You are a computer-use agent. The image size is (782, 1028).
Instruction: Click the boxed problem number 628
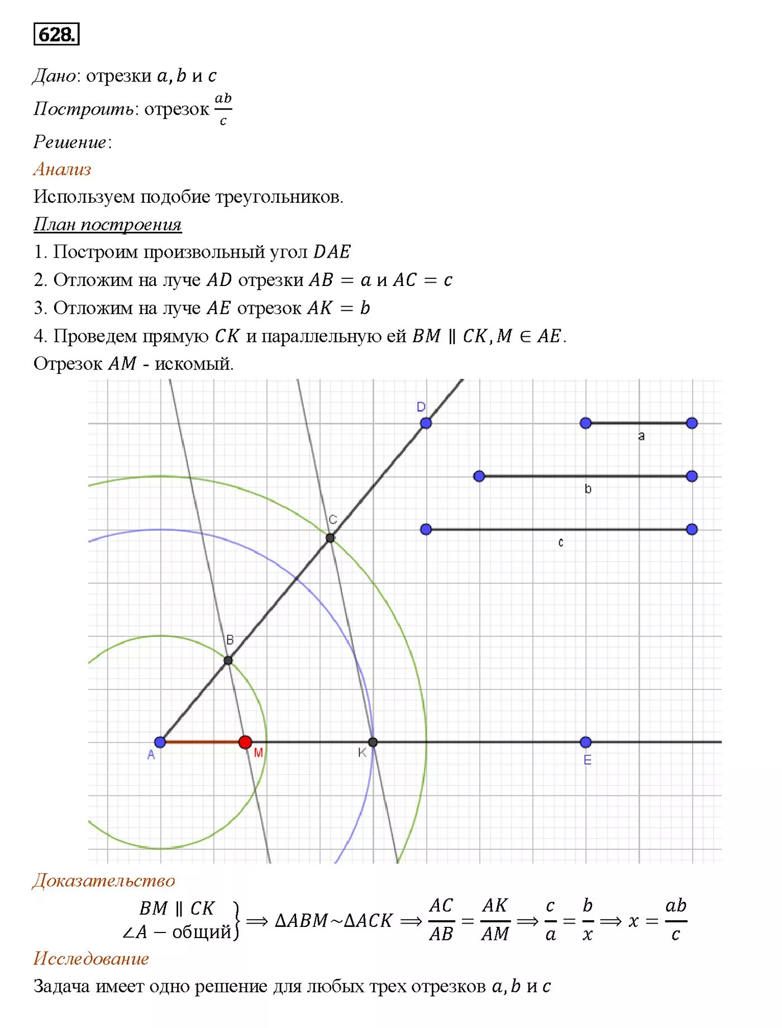(56, 35)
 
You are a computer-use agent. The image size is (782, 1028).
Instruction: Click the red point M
(245, 742)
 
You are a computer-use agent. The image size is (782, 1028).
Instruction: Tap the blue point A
(160, 742)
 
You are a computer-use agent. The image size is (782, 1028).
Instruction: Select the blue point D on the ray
(426, 423)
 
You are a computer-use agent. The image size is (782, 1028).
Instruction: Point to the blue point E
(585, 742)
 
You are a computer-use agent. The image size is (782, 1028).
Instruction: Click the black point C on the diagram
(330, 538)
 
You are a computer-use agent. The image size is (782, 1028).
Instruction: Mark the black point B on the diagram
(228, 660)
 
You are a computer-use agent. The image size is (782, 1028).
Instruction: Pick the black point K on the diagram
(373, 742)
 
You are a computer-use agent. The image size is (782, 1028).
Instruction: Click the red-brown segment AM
(202, 742)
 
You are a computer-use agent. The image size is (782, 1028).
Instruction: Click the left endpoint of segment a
(585, 423)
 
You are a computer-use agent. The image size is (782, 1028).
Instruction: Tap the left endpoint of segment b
(479, 476)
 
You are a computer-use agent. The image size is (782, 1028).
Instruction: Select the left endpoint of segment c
(426, 529)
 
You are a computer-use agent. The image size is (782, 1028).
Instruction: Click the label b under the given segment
(588, 489)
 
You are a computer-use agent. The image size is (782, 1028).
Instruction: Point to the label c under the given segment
(561, 542)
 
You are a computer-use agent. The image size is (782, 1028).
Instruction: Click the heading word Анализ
(62, 169)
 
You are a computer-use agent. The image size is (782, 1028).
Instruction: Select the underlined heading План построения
(107, 224)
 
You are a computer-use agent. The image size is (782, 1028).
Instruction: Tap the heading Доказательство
(104, 881)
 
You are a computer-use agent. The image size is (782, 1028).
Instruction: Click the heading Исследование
(91, 959)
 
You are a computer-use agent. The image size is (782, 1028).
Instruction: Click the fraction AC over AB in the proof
(441, 920)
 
